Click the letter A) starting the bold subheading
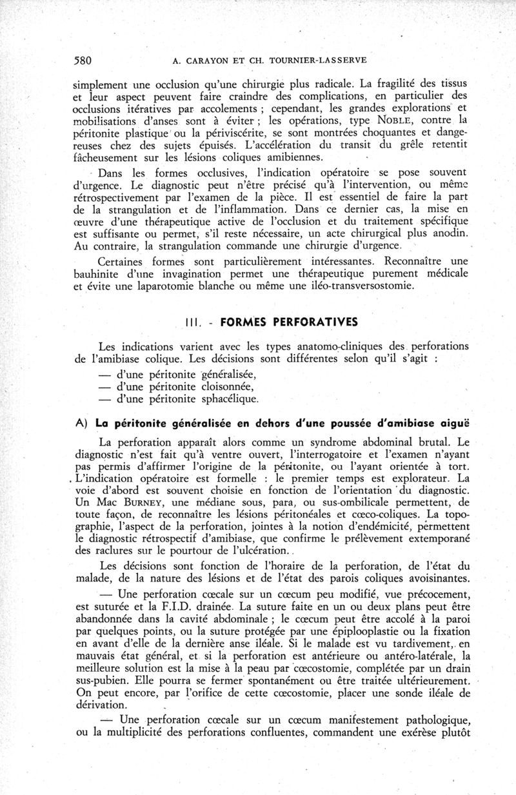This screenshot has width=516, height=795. (81, 424)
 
